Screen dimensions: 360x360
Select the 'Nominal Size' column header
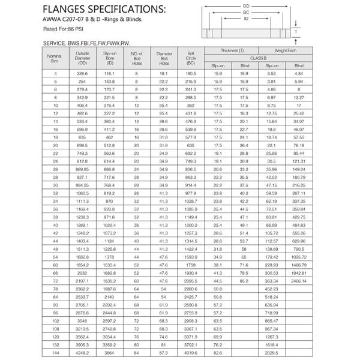[54, 58]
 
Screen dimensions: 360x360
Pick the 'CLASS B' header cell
[259, 58]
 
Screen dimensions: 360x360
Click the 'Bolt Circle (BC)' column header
[191, 58]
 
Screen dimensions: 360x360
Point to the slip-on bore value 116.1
[109, 73]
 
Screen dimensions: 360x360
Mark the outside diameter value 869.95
[82, 170]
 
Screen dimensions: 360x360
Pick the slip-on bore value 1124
[109, 241]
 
